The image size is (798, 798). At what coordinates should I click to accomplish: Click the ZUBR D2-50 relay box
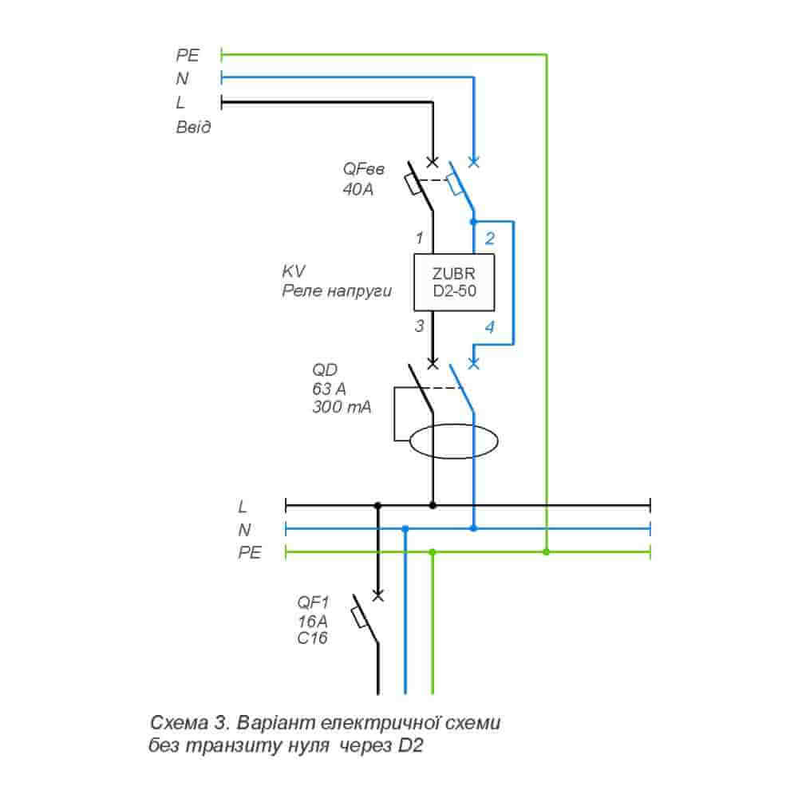(x=454, y=282)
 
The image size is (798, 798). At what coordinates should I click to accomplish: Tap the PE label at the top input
(x=188, y=55)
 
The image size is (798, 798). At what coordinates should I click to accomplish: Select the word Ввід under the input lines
(x=194, y=127)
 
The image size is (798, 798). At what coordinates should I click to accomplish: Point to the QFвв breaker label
(x=364, y=169)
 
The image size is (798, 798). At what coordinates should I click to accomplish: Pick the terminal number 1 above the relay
(x=418, y=238)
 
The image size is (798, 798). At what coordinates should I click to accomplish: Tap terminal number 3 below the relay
(x=418, y=326)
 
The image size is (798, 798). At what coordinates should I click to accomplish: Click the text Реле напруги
(x=337, y=291)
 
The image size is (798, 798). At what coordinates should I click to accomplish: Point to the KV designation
(x=294, y=271)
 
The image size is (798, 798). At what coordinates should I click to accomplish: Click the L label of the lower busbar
(x=243, y=506)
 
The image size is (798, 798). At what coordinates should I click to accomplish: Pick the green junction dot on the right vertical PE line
(x=547, y=551)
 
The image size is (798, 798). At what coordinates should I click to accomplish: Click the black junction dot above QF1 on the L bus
(x=378, y=505)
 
